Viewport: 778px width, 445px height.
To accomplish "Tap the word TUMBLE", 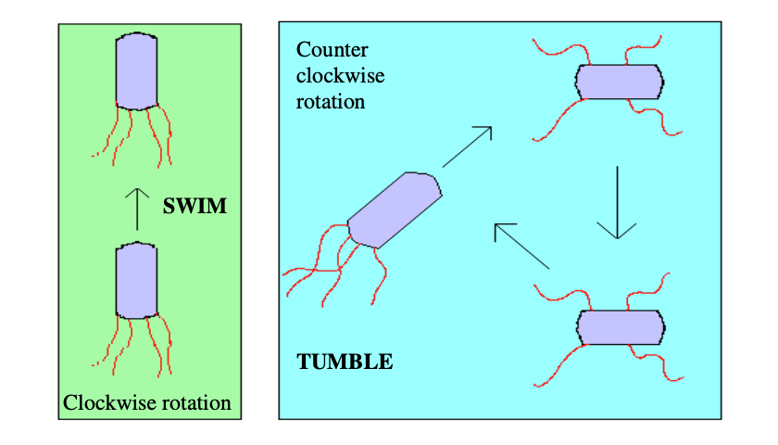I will click(x=345, y=362).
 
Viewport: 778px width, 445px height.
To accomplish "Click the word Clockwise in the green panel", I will click(x=106, y=403).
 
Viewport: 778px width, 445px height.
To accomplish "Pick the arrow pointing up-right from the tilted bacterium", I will click(x=468, y=146).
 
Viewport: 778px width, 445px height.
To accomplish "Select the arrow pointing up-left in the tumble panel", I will click(x=521, y=246).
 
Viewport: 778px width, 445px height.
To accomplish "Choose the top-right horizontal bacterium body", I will click(x=620, y=82).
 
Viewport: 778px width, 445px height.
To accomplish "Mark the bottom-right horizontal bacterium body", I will click(x=620, y=327).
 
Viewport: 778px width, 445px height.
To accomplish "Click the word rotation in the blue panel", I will click(x=330, y=100).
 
